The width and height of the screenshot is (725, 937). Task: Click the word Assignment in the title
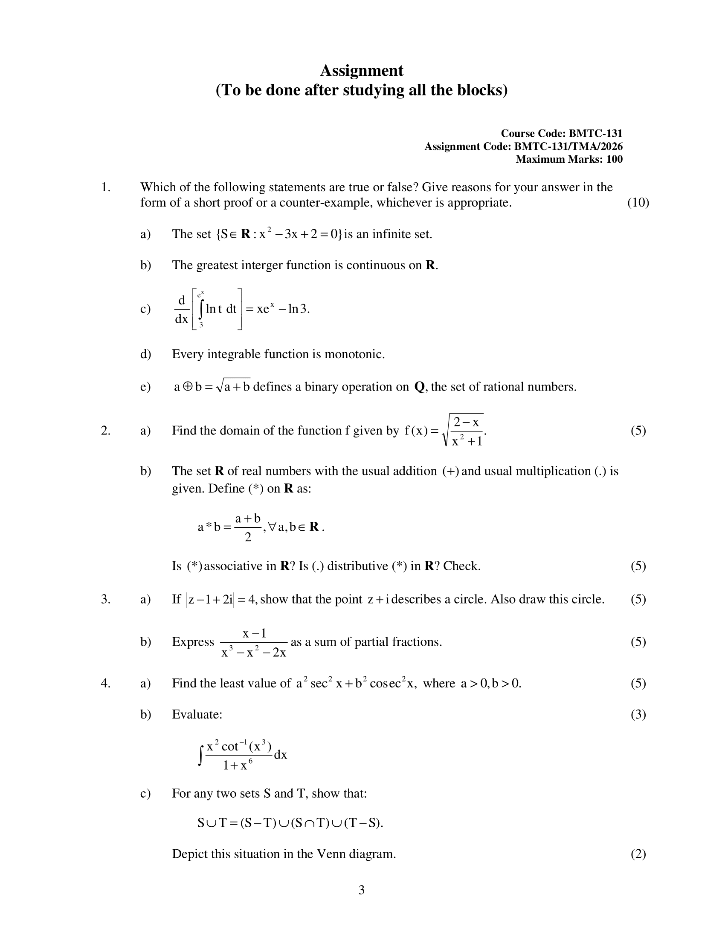[361, 71]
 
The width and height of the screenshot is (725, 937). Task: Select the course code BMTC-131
[595, 133]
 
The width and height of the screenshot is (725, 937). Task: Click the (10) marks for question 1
[638, 202]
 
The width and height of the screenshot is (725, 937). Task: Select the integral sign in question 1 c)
[201, 310]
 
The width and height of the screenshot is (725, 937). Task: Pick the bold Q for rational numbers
[419, 387]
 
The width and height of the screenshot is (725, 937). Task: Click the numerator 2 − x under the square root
[466, 422]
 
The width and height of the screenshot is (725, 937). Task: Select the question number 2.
[106, 430]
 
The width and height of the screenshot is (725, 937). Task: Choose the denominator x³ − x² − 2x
[253, 652]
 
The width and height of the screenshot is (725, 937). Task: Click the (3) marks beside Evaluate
[638, 714]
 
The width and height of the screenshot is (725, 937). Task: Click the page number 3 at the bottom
[361, 890]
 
